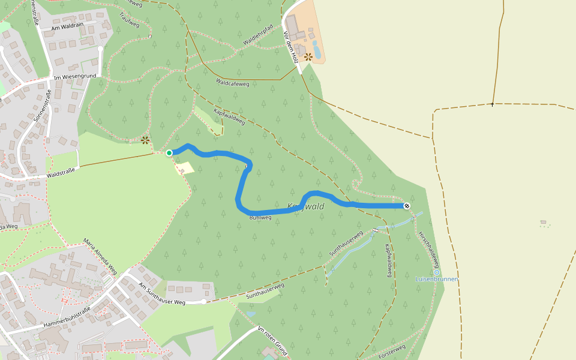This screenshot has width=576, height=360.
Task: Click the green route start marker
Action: (x=169, y=153)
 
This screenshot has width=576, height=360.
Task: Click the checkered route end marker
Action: (x=407, y=206)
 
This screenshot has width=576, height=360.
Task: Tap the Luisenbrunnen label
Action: (x=437, y=279)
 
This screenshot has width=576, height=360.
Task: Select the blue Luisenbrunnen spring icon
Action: (x=437, y=272)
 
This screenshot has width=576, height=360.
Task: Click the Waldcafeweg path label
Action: (x=232, y=83)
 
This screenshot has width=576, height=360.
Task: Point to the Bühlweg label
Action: (x=261, y=217)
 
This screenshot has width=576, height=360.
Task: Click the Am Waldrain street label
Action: (x=68, y=26)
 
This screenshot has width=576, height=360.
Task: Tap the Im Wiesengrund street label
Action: (x=75, y=77)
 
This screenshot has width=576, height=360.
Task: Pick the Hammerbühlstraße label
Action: (x=67, y=317)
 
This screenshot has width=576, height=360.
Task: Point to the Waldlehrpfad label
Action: (x=258, y=35)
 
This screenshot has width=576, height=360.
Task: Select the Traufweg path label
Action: (x=129, y=20)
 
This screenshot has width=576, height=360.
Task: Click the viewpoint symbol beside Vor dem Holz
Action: (x=308, y=57)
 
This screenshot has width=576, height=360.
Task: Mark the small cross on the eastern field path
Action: (x=493, y=104)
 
